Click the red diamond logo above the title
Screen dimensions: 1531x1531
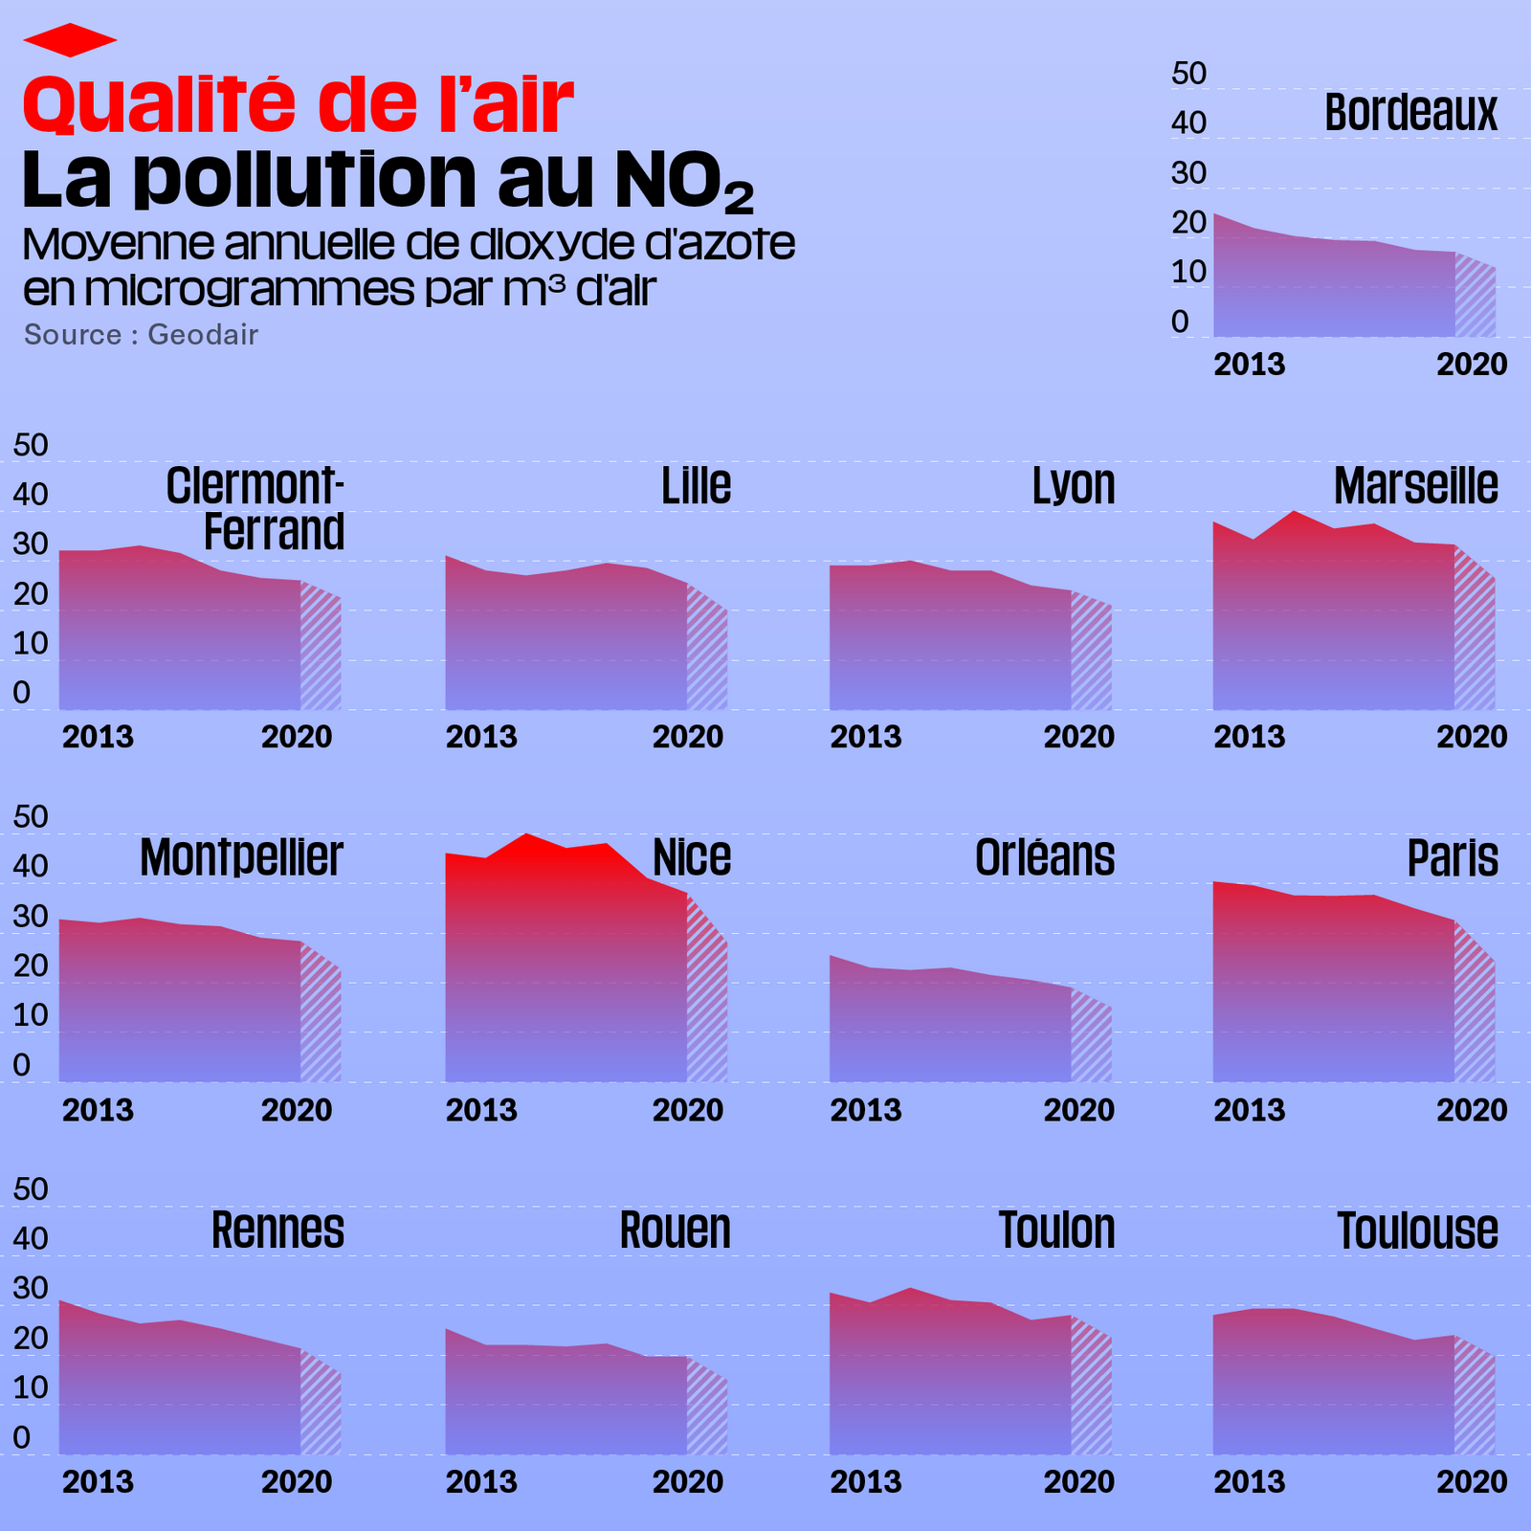70,40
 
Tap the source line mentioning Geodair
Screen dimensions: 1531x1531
141,335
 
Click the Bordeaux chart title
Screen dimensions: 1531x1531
1410,113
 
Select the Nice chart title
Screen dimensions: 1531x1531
692,857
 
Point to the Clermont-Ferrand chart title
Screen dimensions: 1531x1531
256,509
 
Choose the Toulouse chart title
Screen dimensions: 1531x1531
1417,1231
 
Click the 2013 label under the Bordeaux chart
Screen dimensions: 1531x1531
1249,365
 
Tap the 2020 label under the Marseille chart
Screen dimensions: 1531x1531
1472,737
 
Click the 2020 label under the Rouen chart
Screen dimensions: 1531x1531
688,1481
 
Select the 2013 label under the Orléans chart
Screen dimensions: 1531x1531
865,1110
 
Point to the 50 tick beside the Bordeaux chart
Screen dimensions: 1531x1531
1188,74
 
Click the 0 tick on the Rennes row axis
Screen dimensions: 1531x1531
21,1437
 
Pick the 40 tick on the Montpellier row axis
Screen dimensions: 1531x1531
30,866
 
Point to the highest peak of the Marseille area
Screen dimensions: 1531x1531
1294,512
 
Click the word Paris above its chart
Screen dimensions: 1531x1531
1452,858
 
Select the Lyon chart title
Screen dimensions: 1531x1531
1074,486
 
